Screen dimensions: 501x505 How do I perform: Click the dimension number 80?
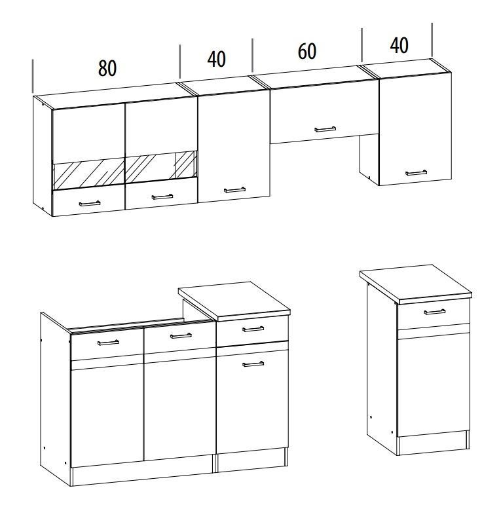click(x=107, y=68)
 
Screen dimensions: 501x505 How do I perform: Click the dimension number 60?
click(x=307, y=51)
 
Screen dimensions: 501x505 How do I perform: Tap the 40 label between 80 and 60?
click(x=216, y=59)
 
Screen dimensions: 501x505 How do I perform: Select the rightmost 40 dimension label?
click(x=399, y=45)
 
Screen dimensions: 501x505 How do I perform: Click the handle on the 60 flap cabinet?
click(x=325, y=129)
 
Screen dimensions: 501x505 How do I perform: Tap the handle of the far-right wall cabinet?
click(x=416, y=173)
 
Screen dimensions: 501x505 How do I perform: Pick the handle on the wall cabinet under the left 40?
click(x=234, y=190)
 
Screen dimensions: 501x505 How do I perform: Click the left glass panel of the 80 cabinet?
click(x=88, y=174)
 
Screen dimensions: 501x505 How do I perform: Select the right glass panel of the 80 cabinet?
click(x=161, y=167)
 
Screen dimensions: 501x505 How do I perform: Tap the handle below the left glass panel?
click(x=90, y=203)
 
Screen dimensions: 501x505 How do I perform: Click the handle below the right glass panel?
click(x=162, y=196)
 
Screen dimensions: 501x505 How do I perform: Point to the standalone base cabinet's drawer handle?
click(x=435, y=312)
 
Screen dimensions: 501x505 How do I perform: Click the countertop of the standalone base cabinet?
click(x=416, y=284)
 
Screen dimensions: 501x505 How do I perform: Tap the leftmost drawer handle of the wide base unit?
click(x=108, y=343)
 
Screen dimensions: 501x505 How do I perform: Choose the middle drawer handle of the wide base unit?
click(x=181, y=336)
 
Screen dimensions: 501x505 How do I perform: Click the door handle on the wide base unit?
click(x=253, y=364)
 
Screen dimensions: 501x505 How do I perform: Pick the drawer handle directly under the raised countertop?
click(x=253, y=329)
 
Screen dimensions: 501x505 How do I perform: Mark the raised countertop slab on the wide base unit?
click(x=234, y=301)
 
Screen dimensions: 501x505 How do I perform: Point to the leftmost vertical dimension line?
click(x=33, y=76)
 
